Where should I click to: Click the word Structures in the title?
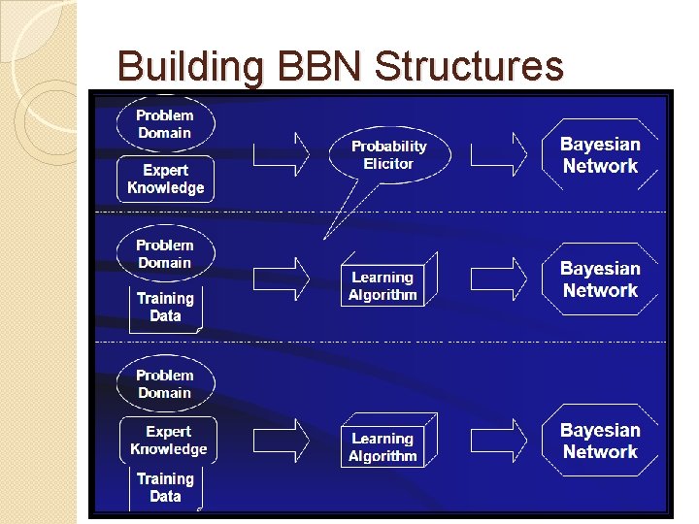[468, 67]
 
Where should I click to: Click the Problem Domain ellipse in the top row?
[164, 124]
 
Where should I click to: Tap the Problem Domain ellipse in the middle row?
[164, 254]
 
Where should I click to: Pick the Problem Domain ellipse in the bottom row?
[164, 383]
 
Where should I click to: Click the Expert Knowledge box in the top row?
[166, 180]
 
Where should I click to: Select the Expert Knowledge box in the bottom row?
[168, 440]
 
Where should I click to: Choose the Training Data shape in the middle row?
[165, 307]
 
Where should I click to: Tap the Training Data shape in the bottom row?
[165, 487]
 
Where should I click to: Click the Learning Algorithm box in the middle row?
[384, 285]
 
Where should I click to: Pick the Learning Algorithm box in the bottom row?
[384, 446]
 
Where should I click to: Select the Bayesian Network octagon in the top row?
[600, 155]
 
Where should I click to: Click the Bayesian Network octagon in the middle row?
[600, 279]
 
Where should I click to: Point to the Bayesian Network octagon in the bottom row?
[600, 441]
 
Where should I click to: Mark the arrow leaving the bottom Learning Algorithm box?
[499, 441]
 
